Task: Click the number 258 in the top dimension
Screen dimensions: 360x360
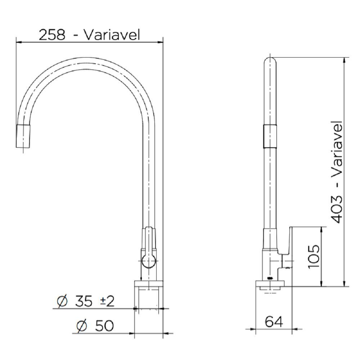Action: [52, 35]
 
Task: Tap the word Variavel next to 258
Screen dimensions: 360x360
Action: [111, 35]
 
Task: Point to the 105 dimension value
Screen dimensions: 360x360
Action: [314, 256]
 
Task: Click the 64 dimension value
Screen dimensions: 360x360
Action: [274, 321]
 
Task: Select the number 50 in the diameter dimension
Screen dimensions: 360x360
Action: [104, 326]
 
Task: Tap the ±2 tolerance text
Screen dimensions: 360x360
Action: [107, 301]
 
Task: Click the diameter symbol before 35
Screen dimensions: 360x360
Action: [62, 301]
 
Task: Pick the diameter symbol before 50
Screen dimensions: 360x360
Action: [82, 326]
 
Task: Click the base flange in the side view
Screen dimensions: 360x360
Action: [270, 283]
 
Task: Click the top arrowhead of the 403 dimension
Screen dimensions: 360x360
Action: [345, 60]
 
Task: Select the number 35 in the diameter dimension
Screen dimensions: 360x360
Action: [84, 301]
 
